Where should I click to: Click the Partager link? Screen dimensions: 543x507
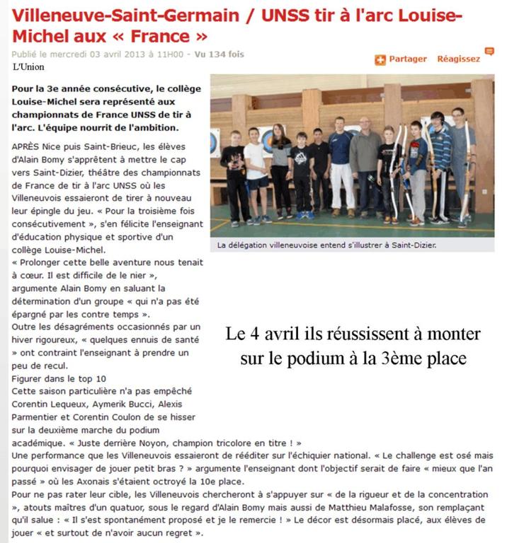click(x=408, y=59)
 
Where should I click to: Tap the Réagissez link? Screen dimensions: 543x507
click(x=458, y=59)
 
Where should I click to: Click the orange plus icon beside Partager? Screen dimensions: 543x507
click(x=380, y=60)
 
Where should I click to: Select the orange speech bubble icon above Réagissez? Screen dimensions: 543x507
click(x=489, y=51)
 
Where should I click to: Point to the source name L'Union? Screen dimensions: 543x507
click(x=28, y=66)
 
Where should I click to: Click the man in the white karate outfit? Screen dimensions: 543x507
click(x=341, y=166)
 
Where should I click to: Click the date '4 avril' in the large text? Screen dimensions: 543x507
click(x=282, y=334)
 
